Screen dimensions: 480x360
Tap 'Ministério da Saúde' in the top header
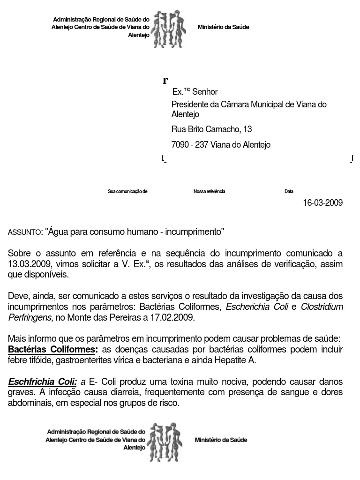(x=223, y=27)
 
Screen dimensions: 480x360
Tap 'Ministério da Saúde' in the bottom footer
(x=221, y=440)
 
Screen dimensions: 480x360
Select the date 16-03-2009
(x=322, y=203)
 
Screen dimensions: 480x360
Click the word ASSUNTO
(x=25, y=232)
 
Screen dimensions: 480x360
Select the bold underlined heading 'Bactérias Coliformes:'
(x=53, y=350)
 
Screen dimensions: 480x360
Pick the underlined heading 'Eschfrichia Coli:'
(x=42, y=382)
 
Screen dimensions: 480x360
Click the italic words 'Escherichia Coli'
(x=257, y=307)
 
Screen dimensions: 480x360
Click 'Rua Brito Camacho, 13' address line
(x=212, y=129)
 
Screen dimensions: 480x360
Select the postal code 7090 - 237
(x=190, y=145)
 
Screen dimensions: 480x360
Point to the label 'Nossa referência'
(x=209, y=192)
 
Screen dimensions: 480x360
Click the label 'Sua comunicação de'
(x=127, y=192)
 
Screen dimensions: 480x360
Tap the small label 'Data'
(x=289, y=192)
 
